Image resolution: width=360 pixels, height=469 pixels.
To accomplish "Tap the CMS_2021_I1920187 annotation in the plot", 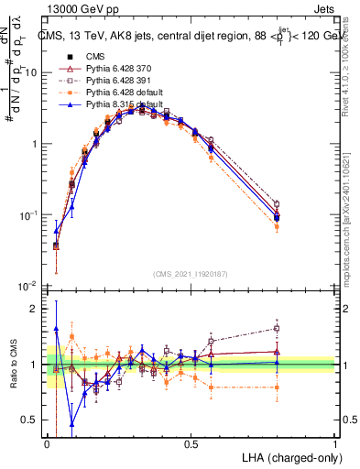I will click(x=191, y=272).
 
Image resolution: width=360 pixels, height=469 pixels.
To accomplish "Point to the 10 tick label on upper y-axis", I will click(x=31, y=72).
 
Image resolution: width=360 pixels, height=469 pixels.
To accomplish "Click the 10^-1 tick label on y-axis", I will click(x=28, y=214).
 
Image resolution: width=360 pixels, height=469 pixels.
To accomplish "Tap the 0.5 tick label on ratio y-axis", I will click(x=30, y=420).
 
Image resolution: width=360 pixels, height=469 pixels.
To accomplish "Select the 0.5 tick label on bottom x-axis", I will click(x=191, y=444).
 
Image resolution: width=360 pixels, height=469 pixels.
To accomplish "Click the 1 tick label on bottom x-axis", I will click(x=334, y=444).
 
